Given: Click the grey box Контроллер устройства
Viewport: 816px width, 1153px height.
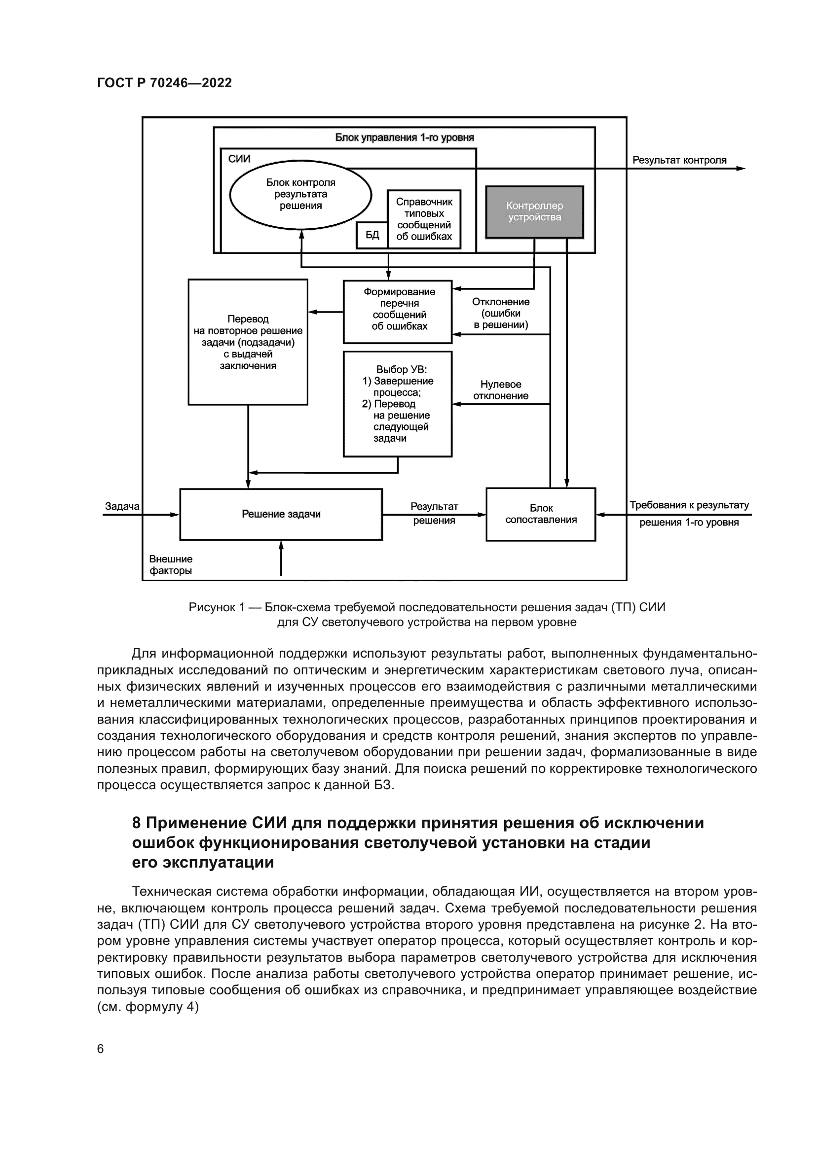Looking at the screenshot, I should tap(534, 212).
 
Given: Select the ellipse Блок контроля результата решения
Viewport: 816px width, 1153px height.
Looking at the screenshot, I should tap(300, 194).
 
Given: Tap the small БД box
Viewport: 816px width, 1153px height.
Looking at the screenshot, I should tap(372, 235).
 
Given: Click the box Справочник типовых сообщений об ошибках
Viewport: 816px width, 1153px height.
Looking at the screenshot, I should tap(424, 219).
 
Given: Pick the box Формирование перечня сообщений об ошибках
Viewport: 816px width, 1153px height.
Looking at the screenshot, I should tap(398, 312).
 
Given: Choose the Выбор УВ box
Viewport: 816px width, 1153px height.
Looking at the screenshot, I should tap(398, 404).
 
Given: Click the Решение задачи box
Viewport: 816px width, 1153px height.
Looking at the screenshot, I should tap(281, 514).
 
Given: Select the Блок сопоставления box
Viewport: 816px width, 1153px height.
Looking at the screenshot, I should tap(541, 514).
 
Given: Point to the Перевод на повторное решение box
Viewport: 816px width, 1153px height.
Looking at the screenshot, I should tap(248, 342).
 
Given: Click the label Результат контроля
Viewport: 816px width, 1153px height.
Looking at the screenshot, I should tap(679, 160).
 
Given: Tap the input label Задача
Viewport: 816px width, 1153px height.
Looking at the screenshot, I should tap(122, 506).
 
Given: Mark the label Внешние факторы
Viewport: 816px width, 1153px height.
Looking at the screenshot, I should tap(171, 565).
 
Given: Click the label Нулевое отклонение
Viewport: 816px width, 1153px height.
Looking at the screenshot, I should tap(500, 390).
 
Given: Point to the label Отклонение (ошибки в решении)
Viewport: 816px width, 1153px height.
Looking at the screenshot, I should tap(500, 314).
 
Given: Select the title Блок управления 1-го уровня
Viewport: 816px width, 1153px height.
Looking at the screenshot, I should tap(405, 138).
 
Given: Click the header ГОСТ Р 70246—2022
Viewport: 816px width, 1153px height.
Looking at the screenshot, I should tap(164, 83).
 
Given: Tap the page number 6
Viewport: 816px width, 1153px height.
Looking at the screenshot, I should tap(101, 1049).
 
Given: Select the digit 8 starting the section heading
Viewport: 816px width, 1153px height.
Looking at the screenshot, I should tap(136, 823).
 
